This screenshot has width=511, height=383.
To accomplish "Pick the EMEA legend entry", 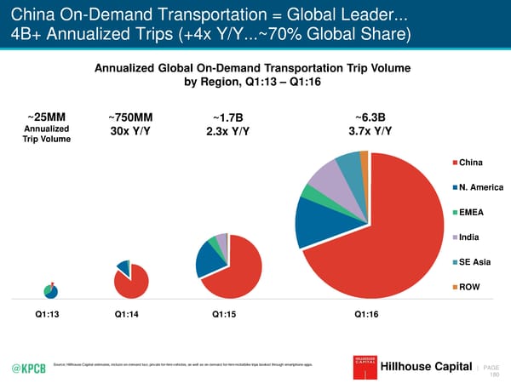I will (x=472, y=212).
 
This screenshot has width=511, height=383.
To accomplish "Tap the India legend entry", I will (x=470, y=237).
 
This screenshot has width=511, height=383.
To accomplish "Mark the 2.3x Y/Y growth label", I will (x=227, y=131).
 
